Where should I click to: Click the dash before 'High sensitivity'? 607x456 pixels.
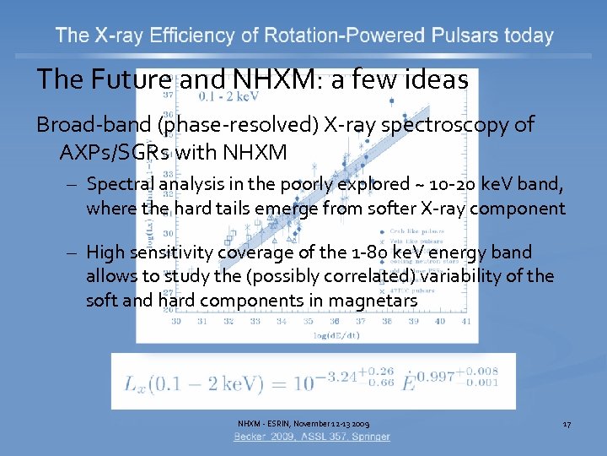74,252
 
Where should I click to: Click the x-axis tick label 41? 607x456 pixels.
466,321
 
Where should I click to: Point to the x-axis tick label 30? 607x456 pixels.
175,321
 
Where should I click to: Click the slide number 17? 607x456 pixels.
567,423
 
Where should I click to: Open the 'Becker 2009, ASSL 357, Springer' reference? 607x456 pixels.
312,437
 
